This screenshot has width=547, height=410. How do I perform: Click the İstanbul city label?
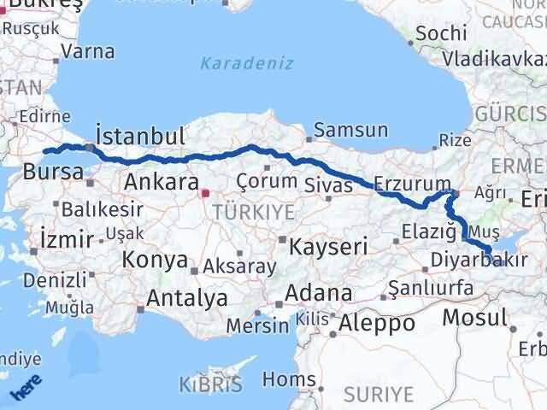coord(140,137)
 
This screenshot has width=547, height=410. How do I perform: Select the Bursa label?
coord(53,171)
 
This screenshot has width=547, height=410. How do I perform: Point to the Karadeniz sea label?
coord(247,63)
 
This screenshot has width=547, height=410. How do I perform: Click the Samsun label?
coord(350,131)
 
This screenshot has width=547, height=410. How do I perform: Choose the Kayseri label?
coord(328,248)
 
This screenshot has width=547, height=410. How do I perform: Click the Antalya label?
coord(187,298)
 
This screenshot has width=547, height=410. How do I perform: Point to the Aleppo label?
coord(377,324)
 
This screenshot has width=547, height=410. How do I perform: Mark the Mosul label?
coord(475,318)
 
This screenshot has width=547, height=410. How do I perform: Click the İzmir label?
coord(66,240)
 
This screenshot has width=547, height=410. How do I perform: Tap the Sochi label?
coord(441,34)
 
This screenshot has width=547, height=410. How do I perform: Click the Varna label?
coord(88,51)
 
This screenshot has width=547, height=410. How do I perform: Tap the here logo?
coord(25,389)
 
